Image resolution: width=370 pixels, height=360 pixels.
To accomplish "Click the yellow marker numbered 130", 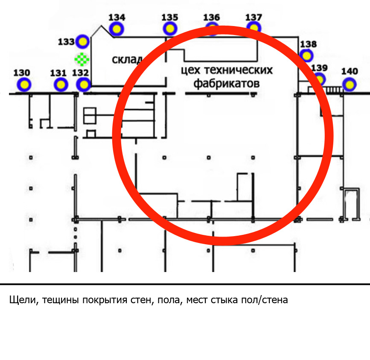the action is tap(24, 85).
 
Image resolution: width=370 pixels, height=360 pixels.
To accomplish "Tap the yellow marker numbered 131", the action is tap(61, 85).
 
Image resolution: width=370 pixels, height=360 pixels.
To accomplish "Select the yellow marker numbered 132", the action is tap(84, 85).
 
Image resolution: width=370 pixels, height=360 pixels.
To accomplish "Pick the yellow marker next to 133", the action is tap(83, 42).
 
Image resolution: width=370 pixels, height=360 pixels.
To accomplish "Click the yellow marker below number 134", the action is tap(117, 29).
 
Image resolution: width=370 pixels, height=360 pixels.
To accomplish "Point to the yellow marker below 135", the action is tap(170, 29).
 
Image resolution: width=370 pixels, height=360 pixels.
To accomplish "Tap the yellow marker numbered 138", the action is tap(306, 56).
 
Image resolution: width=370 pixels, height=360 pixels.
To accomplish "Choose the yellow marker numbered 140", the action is tap(350, 85).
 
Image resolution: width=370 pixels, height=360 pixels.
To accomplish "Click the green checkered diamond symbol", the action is tap(82, 59).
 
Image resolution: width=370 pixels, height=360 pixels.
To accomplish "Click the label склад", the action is tap(127, 59).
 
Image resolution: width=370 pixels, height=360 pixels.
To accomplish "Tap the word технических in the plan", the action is tap(238, 70).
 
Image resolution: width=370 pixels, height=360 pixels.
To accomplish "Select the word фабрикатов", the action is tap(227, 84).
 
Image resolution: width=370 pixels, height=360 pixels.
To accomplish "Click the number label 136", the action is tap(211, 17).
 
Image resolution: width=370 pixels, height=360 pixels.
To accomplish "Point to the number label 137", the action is tap(253, 17).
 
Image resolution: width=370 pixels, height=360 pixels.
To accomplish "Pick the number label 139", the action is tap(319, 68).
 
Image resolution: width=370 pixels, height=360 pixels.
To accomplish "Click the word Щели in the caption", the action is tap(23, 300).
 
